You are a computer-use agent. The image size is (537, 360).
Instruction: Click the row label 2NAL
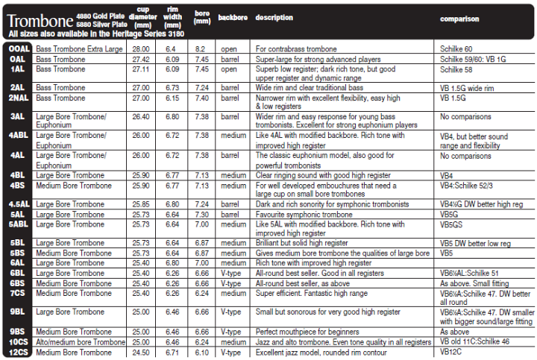[18, 98]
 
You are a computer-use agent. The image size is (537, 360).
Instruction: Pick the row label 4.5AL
[18, 203]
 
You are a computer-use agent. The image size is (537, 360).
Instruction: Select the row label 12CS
[18, 352]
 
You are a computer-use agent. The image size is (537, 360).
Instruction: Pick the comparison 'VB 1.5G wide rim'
[467, 88]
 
